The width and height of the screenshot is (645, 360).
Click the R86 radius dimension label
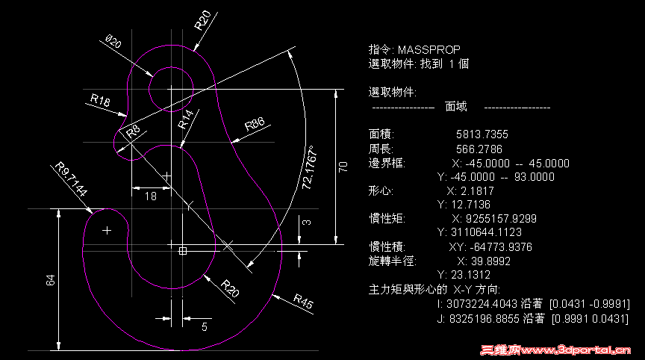coord(255,124)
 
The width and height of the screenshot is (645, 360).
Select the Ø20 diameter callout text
coord(113,41)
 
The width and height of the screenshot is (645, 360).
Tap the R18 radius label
coord(100,99)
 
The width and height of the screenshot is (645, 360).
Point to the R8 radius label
coord(134,131)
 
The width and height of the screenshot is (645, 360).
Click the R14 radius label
coord(185,119)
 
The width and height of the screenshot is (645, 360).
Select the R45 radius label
coord(304,301)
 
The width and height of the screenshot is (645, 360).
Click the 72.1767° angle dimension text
coord(309,167)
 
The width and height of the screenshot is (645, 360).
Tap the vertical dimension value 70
coord(343,167)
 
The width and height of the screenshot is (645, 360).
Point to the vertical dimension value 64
coord(50,280)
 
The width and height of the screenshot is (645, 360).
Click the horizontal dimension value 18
coord(151,196)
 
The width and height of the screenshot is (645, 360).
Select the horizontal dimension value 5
coord(205,327)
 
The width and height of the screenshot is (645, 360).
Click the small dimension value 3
coord(307,222)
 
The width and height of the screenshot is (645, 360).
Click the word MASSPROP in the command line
coord(429,50)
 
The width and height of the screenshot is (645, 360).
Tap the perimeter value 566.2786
coord(479,149)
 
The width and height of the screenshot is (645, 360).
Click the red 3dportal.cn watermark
coord(555,350)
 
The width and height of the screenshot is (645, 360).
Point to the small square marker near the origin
coord(183,250)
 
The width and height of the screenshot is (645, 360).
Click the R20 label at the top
coord(202,21)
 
